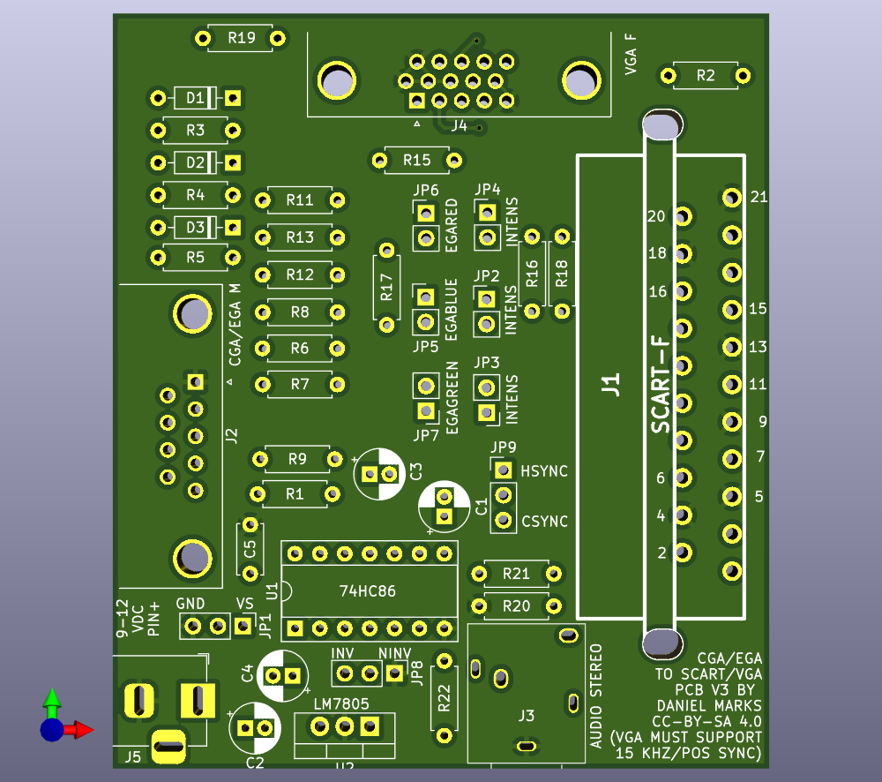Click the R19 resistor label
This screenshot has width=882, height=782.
click(242, 38)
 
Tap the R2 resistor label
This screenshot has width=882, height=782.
click(706, 75)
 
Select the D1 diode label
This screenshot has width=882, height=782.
click(195, 98)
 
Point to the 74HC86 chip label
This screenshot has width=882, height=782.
click(367, 591)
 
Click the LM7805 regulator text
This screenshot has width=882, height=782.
click(341, 703)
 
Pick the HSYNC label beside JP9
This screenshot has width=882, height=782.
click(544, 471)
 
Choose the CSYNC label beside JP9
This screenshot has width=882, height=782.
click(544, 522)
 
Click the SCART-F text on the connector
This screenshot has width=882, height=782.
click(661, 385)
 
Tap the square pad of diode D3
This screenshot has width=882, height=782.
click(233, 228)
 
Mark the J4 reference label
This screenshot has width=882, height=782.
click(459, 125)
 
